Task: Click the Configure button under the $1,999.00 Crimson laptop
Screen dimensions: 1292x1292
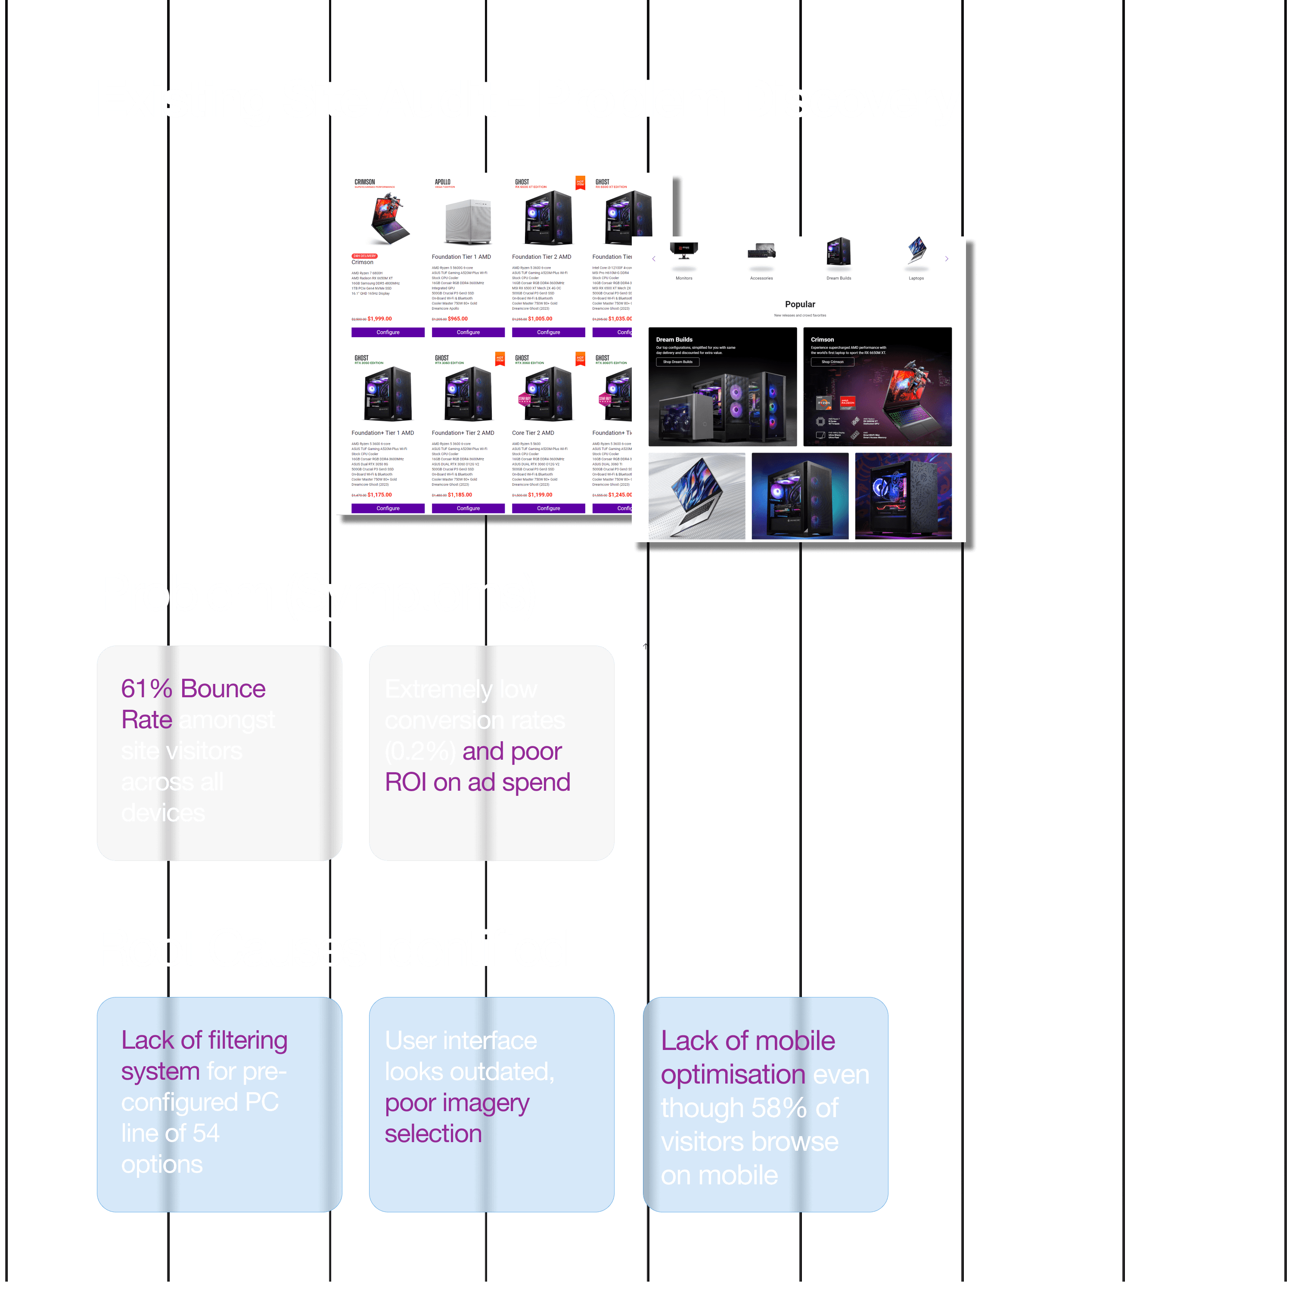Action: point(388,332)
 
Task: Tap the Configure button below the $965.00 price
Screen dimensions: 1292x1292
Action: point(468,332)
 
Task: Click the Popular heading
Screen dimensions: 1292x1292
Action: point(800,304)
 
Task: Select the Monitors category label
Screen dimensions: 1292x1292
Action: point(683,278)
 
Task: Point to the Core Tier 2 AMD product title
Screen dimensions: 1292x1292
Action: point(533,433)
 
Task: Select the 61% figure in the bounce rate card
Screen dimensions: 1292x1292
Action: point(146,689)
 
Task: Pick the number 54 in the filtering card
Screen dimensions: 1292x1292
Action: point(205,1134)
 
